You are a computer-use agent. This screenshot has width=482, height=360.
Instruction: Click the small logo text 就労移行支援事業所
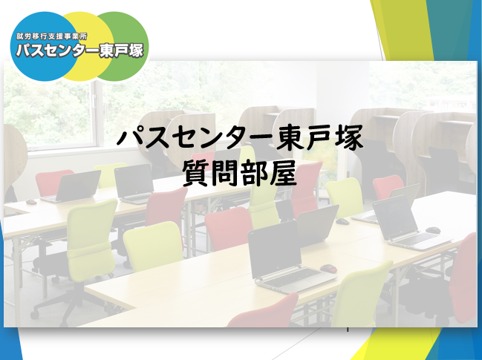(x=52, y=36)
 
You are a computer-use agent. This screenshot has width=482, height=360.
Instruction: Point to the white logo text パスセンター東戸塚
(x=79, y=50)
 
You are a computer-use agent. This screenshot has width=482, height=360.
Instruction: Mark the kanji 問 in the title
(x=225, y=174)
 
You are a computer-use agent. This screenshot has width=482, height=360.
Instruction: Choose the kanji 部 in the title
(x=254, y=174)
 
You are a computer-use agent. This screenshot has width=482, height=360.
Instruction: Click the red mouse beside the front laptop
(x=328, y=269)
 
